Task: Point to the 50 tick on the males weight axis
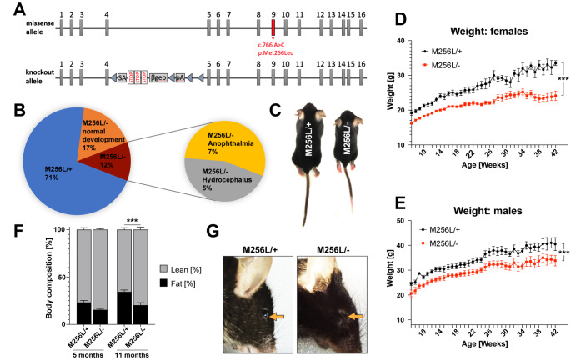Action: click(x=391, y=221)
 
